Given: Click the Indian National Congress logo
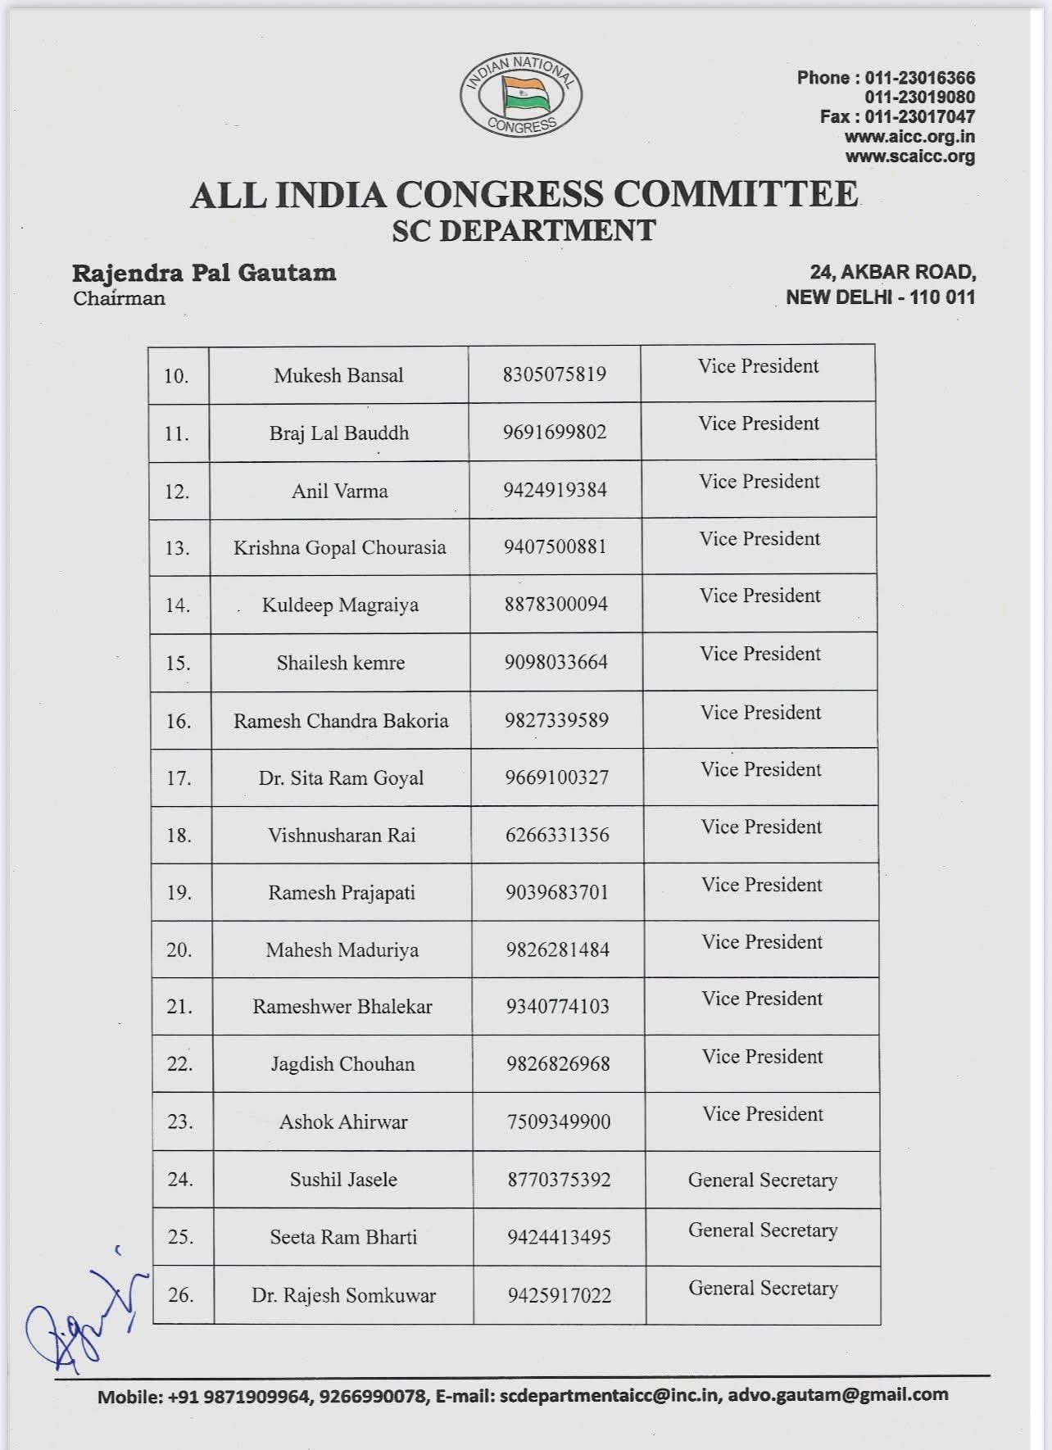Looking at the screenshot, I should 521,97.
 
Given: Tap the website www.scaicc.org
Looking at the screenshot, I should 909,156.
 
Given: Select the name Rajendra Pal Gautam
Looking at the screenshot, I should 204,273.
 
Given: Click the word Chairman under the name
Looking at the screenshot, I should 119,298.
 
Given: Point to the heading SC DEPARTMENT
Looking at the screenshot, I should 524,231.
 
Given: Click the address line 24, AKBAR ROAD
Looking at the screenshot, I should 892,272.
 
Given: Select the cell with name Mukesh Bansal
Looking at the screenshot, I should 338,376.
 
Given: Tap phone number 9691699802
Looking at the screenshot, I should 555,433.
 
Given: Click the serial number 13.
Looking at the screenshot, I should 177,548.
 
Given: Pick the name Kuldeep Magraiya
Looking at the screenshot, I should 340,605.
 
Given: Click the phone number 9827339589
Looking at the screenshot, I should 556,720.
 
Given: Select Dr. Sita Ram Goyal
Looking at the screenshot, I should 341,778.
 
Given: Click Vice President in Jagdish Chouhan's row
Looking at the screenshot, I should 762,1057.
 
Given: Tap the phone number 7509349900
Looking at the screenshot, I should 559,1121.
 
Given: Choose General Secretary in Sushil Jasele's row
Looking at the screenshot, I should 763,1180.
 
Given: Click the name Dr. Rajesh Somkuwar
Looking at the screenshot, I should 343,1296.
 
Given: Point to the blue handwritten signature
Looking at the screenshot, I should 82,1319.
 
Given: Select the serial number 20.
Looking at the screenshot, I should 179,950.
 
